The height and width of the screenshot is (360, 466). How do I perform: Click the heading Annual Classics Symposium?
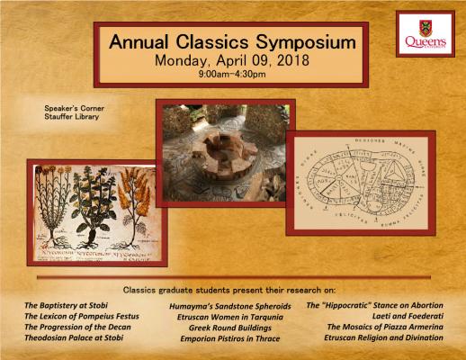233,42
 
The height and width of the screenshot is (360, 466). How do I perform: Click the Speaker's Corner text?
73,108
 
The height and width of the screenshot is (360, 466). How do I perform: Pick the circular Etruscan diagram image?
360,180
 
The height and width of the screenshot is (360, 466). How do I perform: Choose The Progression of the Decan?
76,328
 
